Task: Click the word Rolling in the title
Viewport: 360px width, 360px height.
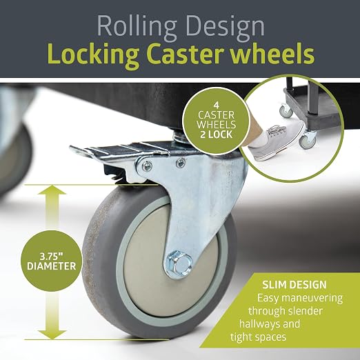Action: coord(137,27)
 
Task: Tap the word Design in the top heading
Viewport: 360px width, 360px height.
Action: coord(225,27)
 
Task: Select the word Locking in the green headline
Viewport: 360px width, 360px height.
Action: coord(94,55)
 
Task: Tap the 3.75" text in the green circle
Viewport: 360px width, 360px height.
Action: coord(51,256)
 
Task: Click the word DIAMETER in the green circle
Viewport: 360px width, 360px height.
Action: coord(52,266)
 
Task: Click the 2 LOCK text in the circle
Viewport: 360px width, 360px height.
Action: coord(216,134)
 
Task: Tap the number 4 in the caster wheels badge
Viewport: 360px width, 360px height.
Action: coord(216,106)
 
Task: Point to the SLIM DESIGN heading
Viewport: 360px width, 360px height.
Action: coord(294,285)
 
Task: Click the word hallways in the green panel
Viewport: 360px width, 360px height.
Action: coord(270,324)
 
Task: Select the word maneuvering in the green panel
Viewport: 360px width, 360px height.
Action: coord(312,299)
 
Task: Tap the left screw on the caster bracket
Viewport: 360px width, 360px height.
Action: coord(146,166)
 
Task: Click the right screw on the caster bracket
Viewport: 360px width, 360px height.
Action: coord(181,163)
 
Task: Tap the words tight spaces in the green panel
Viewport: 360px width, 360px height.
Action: coord(258,337)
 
